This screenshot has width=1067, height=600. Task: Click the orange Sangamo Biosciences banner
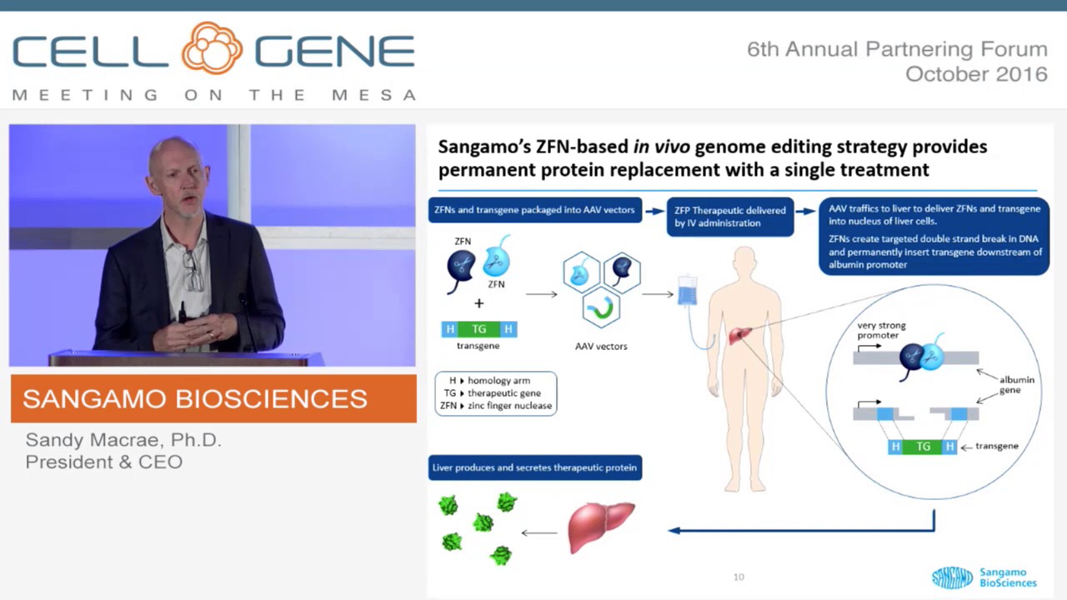[x=213, y=398]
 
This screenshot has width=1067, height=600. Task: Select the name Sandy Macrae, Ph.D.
[x=123, y=440]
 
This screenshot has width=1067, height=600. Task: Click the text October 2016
[x=976, y=74]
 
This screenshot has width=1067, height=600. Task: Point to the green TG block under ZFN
[x=479, y=329]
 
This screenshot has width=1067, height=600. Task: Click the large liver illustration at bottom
[x=599, y=527]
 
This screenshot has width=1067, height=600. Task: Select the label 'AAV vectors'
[x=601, y=346]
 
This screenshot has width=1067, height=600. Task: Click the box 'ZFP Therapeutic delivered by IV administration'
[x=729, y=217]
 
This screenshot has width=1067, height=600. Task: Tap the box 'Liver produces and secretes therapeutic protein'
[x=534, y=467]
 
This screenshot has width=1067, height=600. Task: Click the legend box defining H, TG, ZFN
[x=495, y=393]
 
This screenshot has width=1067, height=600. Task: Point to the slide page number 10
[x=739, y=577]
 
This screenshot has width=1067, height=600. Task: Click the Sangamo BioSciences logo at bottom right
[x=984, y=577]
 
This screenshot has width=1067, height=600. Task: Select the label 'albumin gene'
[x=1016, y=384]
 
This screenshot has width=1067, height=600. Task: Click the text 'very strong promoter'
[x=881, y=331]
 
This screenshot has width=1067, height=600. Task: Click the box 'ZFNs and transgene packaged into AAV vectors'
[x=535, y=210]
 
